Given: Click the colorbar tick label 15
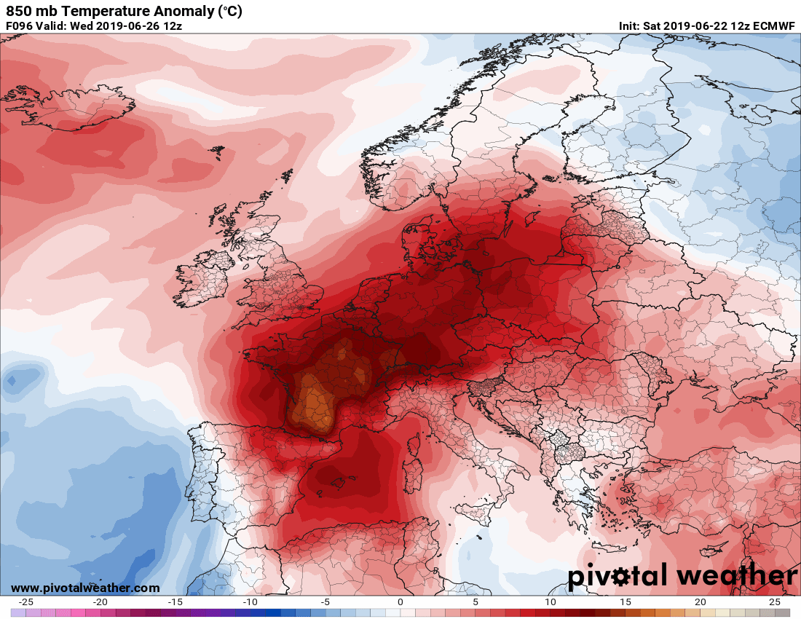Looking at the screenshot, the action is click(626, 602).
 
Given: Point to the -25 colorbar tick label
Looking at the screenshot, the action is click(25, 602).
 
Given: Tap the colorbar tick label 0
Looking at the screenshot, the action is click(400, 602).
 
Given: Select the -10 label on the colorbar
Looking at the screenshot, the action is click(250, 602).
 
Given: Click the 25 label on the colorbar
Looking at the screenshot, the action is click(775, 602).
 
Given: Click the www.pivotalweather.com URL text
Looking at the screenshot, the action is click(84, 588).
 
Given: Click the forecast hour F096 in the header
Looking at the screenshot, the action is click(19, 25).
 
